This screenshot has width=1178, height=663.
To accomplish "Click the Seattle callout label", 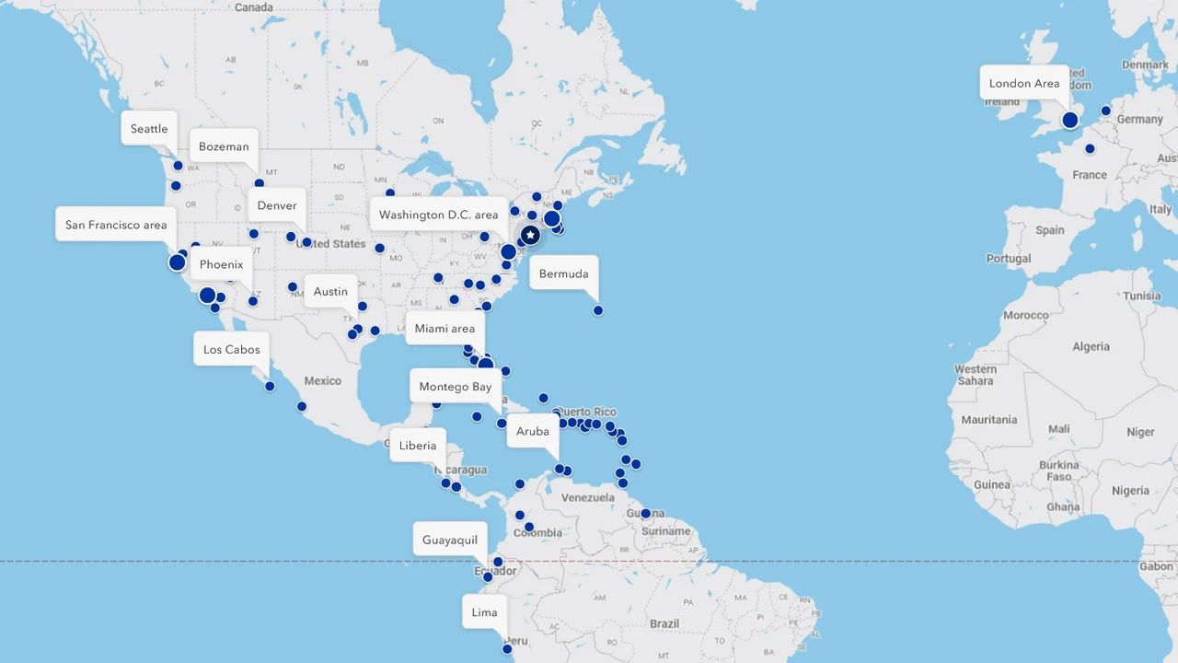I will [149, 129].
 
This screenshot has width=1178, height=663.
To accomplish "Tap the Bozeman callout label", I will [224, 146].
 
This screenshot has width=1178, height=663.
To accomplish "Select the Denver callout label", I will [277, 205].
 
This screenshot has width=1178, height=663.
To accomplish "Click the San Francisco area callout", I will [116, 225].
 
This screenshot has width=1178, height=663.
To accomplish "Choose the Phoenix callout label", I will [222, 264].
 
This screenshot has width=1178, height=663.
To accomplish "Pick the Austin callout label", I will [330, 292].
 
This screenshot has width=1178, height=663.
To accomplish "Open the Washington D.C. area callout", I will [439, 215].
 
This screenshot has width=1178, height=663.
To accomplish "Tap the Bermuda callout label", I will [563, 273].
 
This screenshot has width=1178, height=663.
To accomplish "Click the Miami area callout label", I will [445, 329].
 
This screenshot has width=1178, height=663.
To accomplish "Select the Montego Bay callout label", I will [456, 387].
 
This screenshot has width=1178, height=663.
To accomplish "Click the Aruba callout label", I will [533, 431].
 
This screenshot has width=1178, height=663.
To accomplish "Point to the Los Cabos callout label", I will [232, 350].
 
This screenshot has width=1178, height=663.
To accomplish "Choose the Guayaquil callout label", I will [450, 540].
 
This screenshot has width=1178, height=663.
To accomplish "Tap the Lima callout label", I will [485, 612].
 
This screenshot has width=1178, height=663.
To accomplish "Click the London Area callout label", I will [1024, 83].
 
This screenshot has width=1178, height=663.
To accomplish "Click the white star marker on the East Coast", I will [530, 236].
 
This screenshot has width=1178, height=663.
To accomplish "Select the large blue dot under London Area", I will [1069, 120].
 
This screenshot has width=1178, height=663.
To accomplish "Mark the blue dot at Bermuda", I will [598, 310].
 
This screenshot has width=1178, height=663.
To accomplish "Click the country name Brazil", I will [664, 623].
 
